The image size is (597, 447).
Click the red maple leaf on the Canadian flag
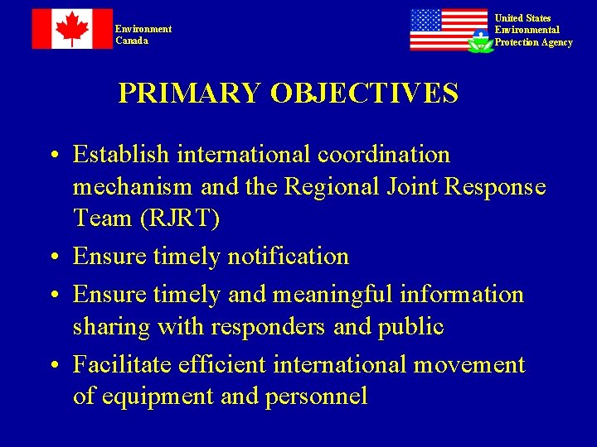[71, 29]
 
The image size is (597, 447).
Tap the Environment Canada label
[143, 35]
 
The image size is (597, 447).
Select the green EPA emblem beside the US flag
[480, 41]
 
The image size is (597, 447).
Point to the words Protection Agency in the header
[533, 42]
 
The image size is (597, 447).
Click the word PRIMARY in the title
[189, 94]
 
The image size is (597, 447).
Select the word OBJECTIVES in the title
[364, 94]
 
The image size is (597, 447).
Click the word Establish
[120, 155]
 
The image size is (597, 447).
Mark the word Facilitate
[123, 365]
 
